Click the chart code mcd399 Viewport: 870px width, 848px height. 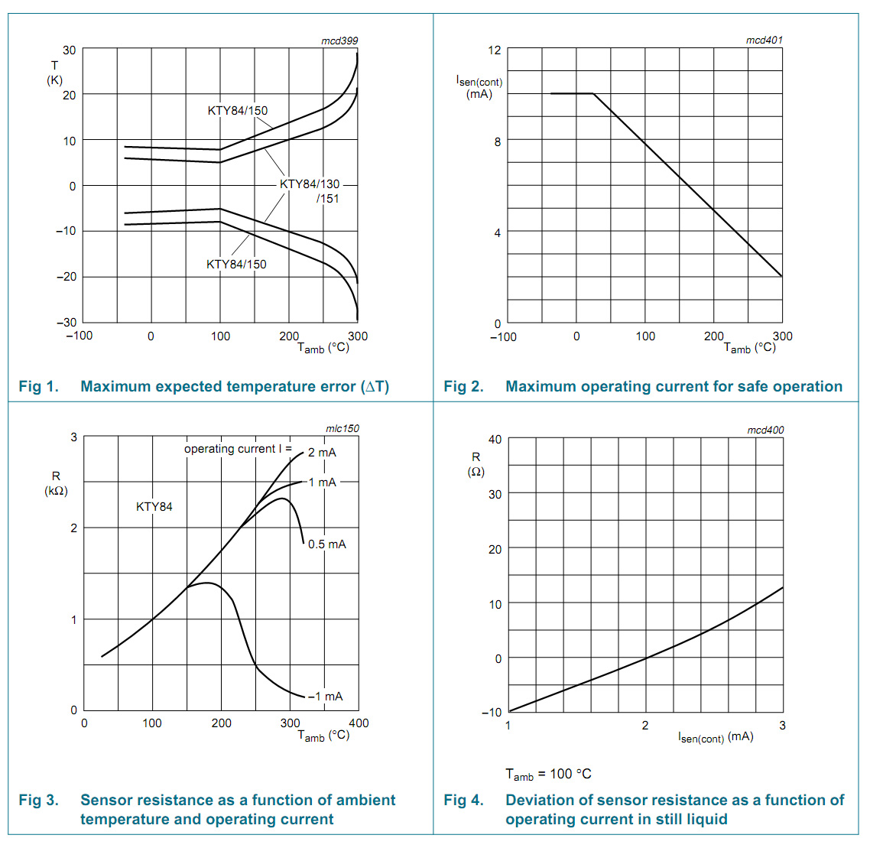[x=339, y=41]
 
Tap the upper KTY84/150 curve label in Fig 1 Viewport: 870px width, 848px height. [x=238, y=111]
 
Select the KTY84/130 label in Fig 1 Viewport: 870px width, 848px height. [x=310, y=184]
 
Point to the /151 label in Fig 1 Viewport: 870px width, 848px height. [x=328, y=199]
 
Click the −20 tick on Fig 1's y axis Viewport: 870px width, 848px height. [x=67, y=277]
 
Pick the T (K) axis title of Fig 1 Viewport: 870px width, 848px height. [x=55, y=73]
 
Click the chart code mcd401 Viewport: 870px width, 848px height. [x=764, y=40]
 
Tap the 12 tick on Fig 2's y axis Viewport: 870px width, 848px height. [x=495, y=50]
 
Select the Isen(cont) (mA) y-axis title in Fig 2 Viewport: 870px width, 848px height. [x=479, y=87]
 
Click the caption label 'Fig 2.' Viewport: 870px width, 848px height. [x=463, y=387]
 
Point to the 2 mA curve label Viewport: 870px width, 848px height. [x=322, y=453]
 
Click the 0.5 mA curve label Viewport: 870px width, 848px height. [x=327, y=544]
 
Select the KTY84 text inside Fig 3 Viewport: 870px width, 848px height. [x=154, y=507]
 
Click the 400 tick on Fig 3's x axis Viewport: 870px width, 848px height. [x=359, y=723]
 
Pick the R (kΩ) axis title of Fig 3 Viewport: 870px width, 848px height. [x=56, y=483]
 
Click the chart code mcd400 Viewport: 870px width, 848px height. [x=765, y=430]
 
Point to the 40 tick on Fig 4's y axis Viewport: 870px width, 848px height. [x=495, y=440]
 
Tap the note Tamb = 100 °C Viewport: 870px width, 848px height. [x=548, y=775]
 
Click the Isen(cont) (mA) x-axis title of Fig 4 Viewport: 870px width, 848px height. [x=716, y=738]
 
